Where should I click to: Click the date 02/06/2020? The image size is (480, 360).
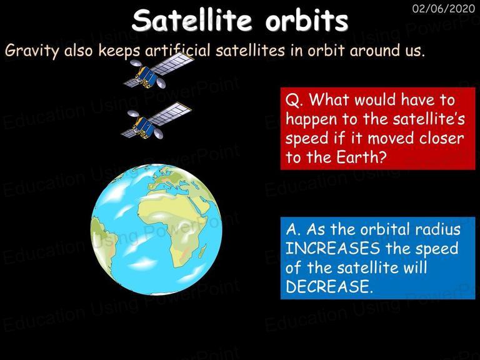pos(444,8)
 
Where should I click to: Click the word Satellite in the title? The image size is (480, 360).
pos(192,20)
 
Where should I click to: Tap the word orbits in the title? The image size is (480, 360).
pos(307,20)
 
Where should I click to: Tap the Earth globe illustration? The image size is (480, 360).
pos(156,229)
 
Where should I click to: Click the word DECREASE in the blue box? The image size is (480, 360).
pos(327,286)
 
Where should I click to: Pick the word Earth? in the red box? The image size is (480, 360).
pos(361,157)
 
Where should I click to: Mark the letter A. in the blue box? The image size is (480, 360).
pos(294,229)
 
